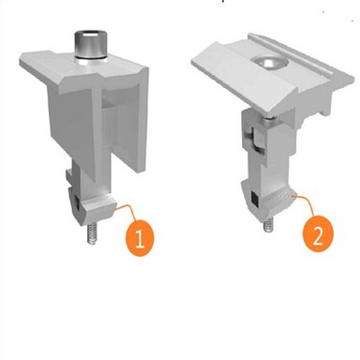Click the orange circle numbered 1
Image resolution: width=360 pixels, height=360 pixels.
pos(140,238)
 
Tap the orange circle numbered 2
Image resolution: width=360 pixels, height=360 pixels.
pos(318,233)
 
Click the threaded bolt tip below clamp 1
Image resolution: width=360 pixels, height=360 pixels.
pos(92,232)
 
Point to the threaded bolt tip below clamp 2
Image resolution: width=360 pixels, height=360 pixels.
pos(268,225)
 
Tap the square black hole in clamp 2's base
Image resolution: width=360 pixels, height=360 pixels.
pos(255,199)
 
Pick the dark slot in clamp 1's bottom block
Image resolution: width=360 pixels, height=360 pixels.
pos(77,203)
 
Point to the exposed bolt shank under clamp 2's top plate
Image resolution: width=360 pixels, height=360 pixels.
pos(269,121)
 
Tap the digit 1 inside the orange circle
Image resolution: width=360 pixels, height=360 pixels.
pos(140,238)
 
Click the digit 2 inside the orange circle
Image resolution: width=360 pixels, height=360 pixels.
pos(318,234)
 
